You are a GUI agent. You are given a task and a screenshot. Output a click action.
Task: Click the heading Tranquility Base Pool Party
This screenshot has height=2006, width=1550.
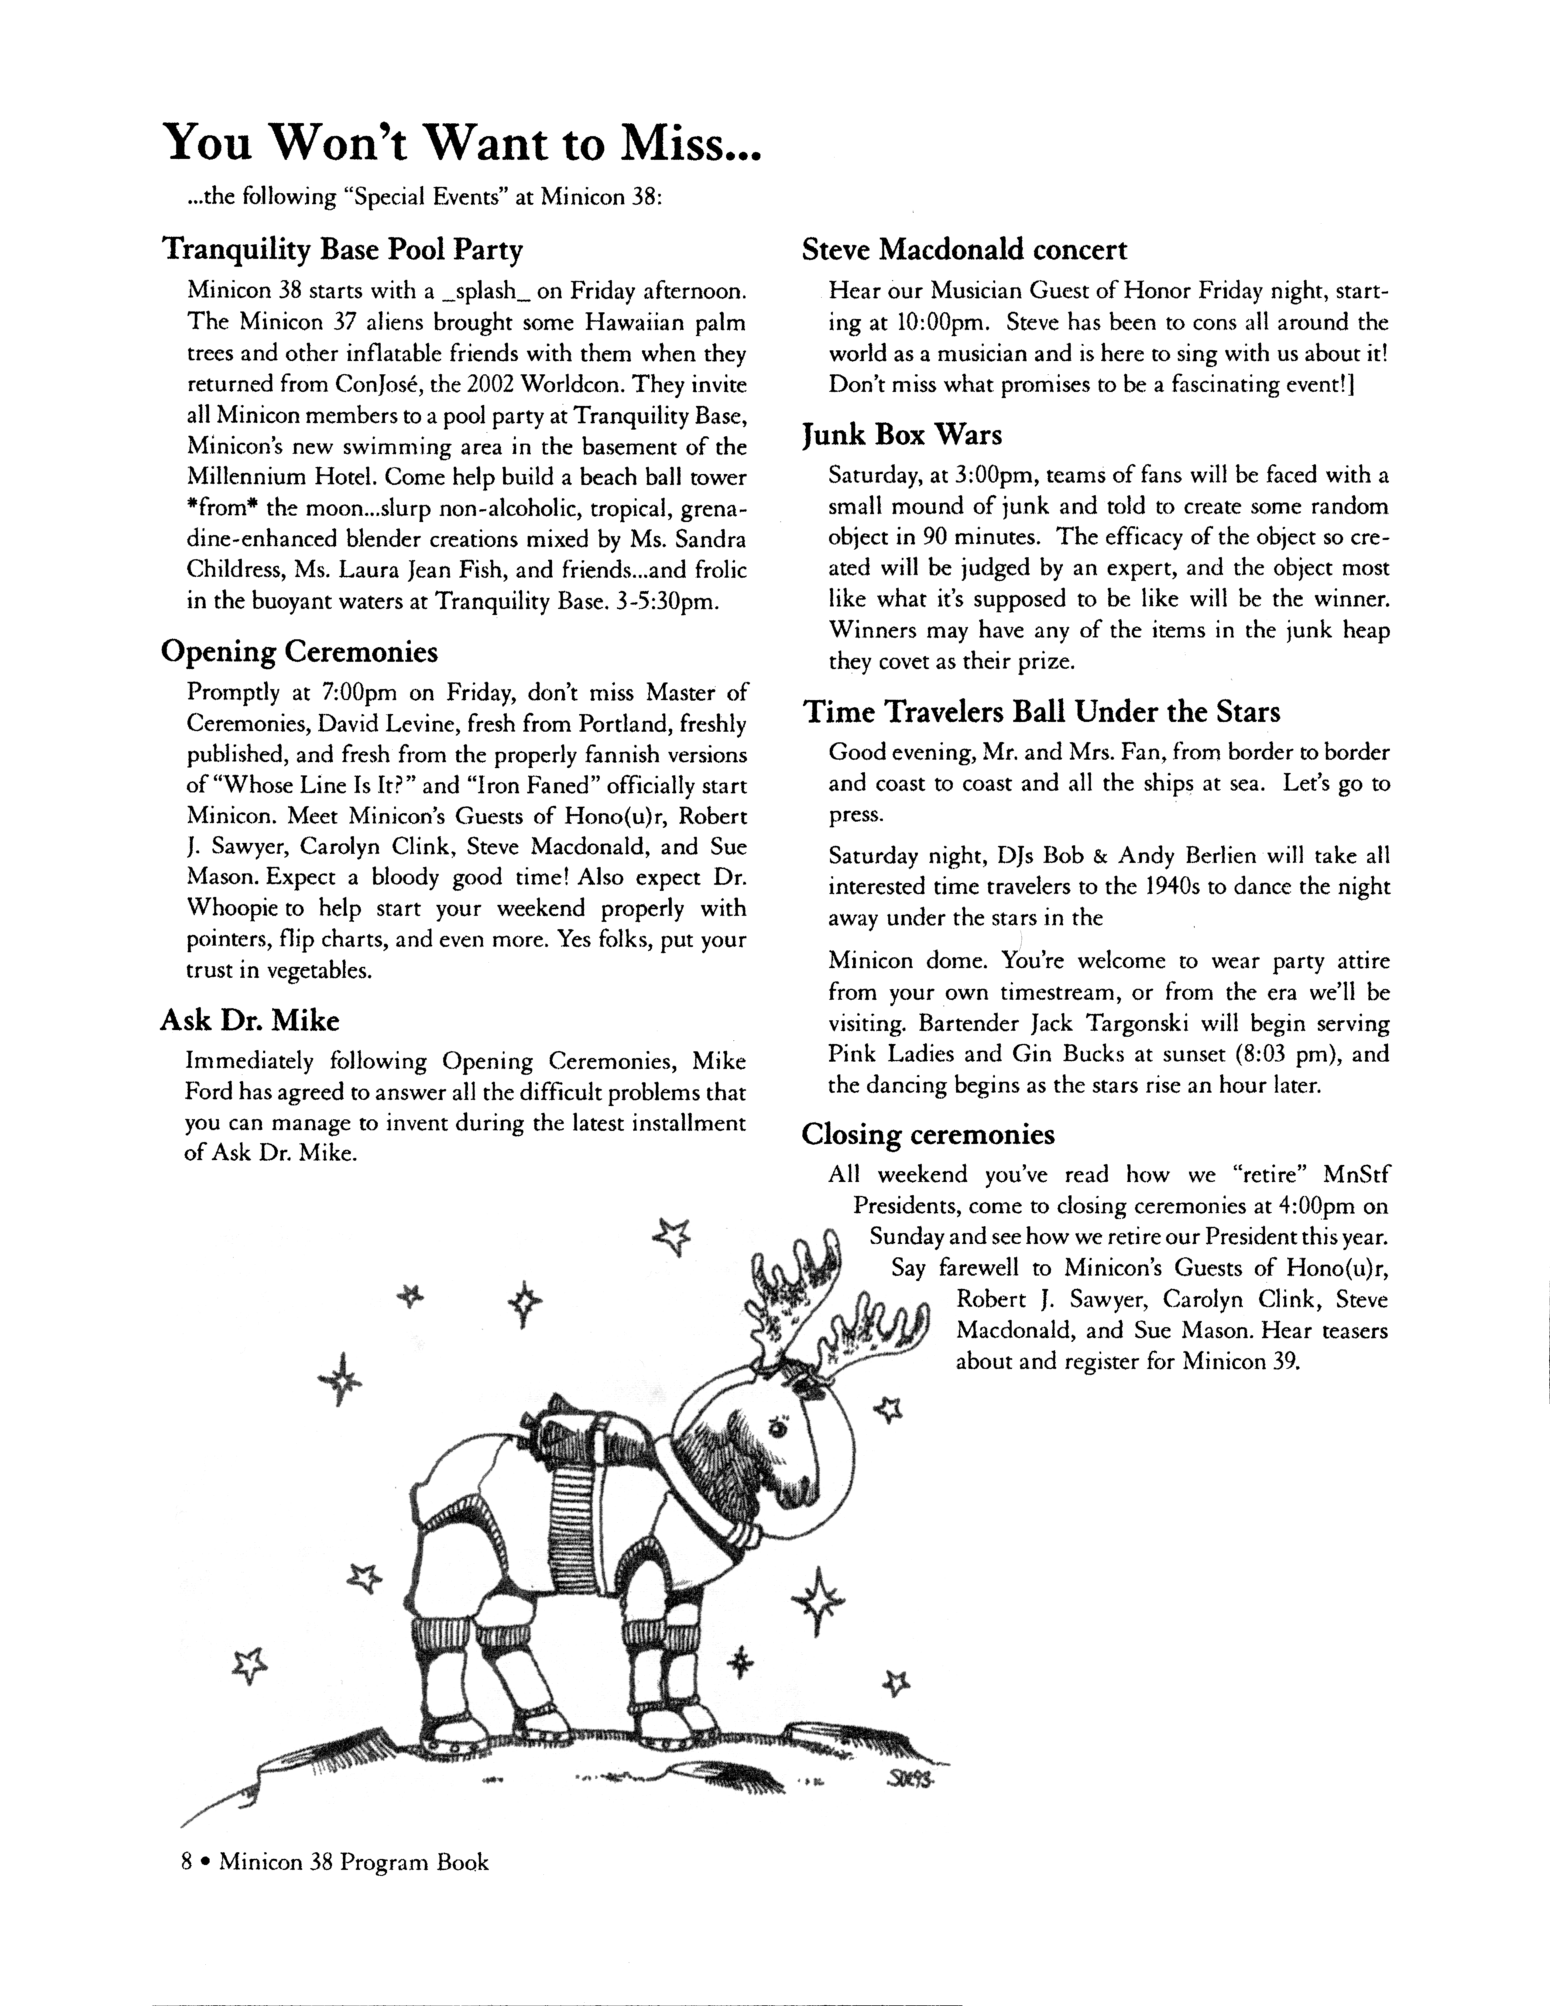point(342,250)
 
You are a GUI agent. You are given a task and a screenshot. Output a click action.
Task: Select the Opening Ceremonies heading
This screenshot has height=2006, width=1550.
point(299,652)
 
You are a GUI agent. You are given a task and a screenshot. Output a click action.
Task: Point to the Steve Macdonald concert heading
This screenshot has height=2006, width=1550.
point(964,250)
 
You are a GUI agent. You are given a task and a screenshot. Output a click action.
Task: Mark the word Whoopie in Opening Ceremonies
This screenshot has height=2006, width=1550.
point(235,909)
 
